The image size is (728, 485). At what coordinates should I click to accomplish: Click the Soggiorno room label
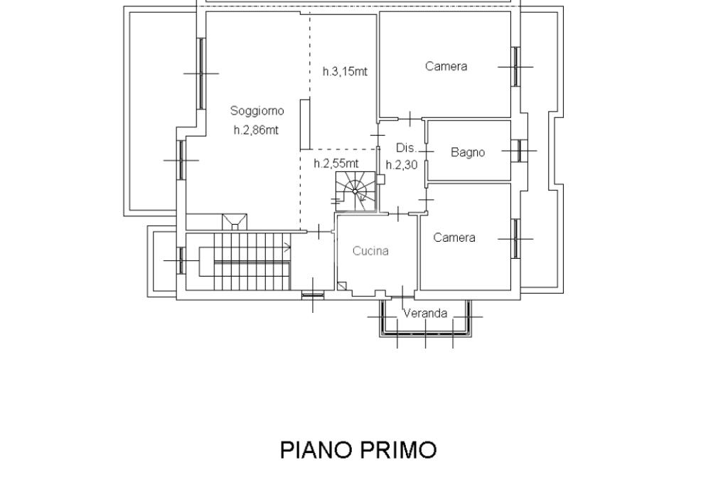(x=257, y=111)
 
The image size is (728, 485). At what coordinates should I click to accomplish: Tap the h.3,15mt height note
(x=345, y=72)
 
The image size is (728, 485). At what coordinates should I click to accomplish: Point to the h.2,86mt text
(x=256, y=130)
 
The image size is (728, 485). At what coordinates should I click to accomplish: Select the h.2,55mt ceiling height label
(x=336, y=164)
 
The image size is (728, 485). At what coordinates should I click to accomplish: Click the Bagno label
(x=468, y=152)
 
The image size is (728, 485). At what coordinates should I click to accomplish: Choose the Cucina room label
(x=370, y=251)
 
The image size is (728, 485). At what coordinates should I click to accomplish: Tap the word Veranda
(x=425, y=314)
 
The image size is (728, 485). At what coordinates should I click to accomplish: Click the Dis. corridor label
(x=406, y=148)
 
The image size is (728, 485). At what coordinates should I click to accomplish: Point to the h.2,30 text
(x=402, y=165)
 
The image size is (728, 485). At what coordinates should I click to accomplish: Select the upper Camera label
(x=446, y=66)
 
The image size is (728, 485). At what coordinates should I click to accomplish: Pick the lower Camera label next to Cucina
(x=454, y=238)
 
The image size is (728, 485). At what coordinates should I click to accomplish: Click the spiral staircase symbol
(x=355, y=191)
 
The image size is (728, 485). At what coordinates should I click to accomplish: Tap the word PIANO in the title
(x=316, y=449)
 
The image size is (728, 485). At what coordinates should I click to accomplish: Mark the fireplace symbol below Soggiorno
(x=235, y=222)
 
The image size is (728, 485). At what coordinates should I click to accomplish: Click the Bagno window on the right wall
(x=520, y=151)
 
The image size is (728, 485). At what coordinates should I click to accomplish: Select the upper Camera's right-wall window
(x=515, y=66)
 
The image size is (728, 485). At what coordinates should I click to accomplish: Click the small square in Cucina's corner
(x=342, y=286)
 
